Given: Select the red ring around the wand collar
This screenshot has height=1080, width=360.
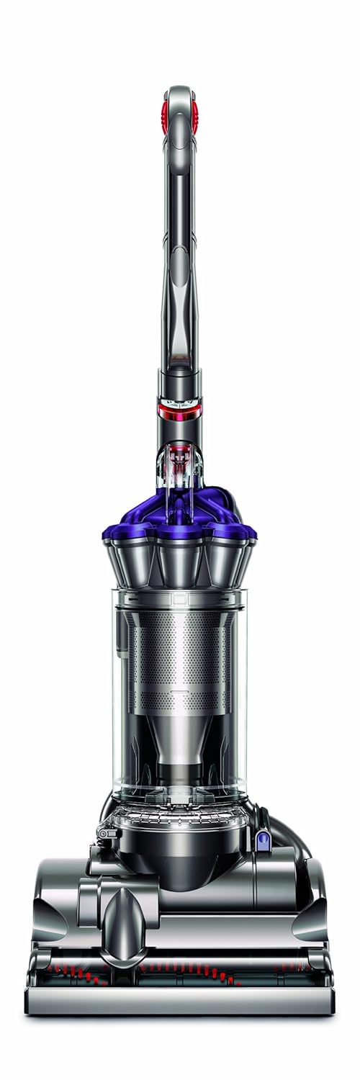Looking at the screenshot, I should click(x=180, y=411).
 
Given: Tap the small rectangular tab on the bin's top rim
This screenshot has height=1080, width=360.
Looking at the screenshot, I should click(x=179, y=597).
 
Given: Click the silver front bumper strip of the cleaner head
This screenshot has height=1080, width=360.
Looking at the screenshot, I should click(x=180, y=1001).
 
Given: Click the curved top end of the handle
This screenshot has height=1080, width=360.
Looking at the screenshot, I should click(x=180, y=92).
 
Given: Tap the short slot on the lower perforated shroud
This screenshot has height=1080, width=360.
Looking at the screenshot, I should click(x=180, y=693).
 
